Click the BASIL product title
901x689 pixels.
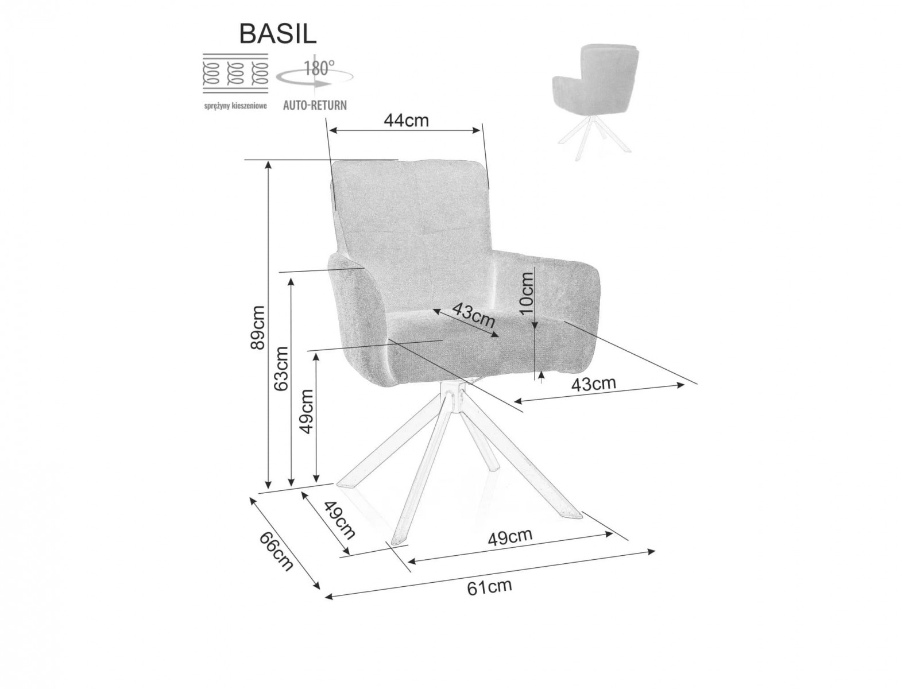pyautogui.click(x=278, y=34)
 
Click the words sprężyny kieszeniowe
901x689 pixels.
pyautogui.click(x=235, y=106)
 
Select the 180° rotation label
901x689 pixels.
pyautogui.click(x=319, y=68)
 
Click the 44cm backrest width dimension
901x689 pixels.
pyautogui.click(x=406, y=120)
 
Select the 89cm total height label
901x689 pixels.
pyautogui.click(x=258, y=327)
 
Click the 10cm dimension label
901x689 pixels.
pyautogui.click(x=526, y=293)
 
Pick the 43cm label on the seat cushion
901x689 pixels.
pyautogui.click(x=473, y=315)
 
